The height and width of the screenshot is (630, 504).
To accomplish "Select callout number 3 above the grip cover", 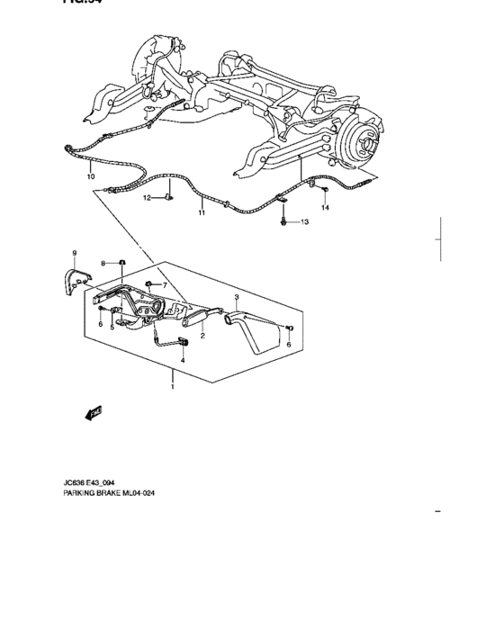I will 236,296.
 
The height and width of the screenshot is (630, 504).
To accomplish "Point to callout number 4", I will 183,360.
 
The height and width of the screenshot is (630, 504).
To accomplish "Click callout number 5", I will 112,327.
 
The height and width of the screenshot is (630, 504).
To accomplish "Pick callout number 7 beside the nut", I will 165,286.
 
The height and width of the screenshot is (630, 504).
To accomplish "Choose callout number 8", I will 104,263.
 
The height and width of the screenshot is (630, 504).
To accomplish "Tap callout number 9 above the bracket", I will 75,253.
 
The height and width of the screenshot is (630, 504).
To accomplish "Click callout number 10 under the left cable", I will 90,177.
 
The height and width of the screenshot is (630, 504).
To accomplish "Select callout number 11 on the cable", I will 202,213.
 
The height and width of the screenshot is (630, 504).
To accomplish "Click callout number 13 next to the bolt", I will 303,221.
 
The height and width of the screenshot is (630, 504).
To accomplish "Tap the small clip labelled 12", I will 168,196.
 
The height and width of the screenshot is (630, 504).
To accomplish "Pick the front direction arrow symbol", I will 92,412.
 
